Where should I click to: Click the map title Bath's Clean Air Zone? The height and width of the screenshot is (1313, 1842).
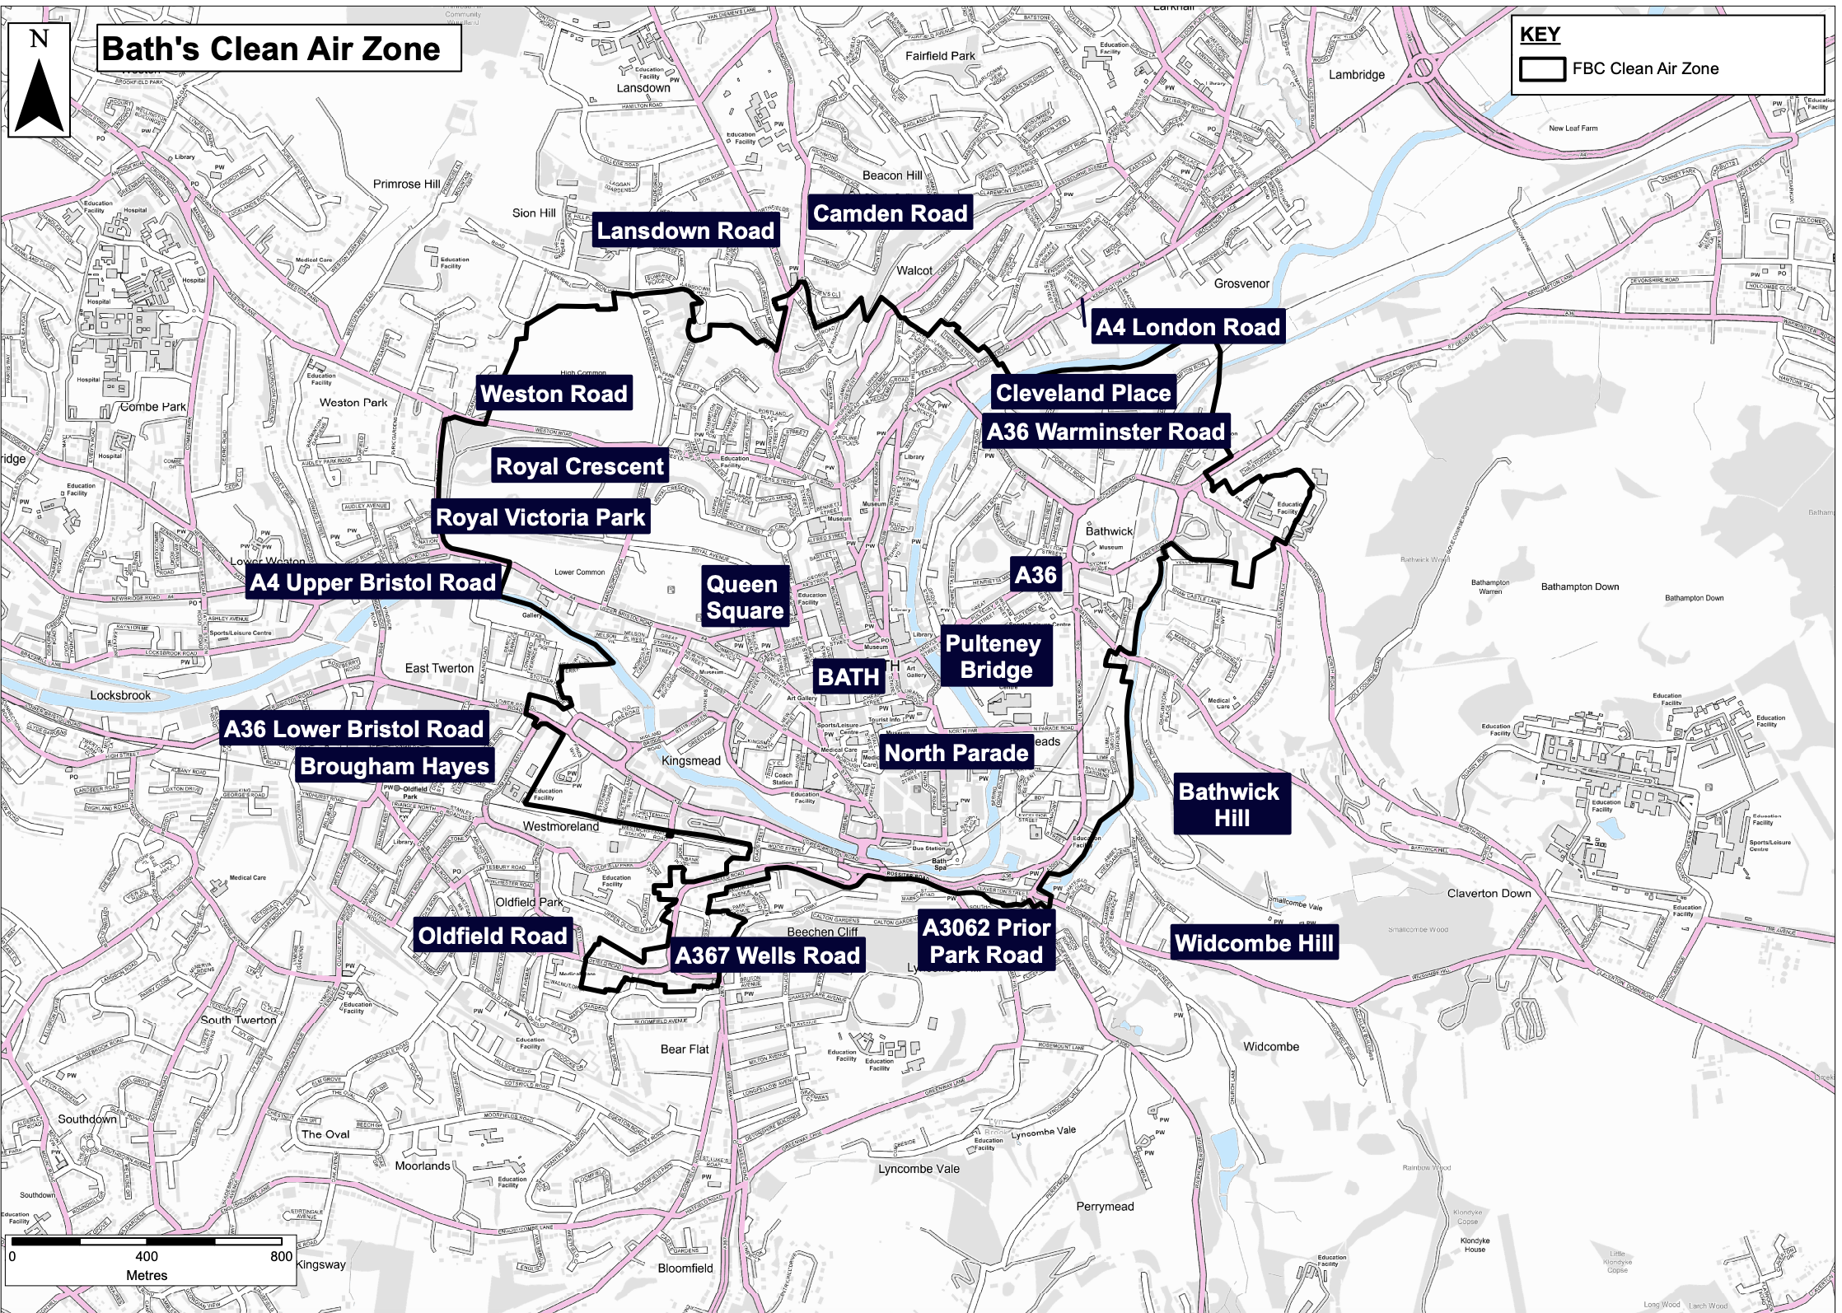(272, 49)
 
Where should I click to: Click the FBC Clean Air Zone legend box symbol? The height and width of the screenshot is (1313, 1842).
(1541, 69)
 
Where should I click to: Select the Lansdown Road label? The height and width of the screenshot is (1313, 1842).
(685, 231)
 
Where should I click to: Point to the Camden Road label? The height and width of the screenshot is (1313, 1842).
(890, 213)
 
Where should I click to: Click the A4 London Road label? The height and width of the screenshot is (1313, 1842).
(1187, 327)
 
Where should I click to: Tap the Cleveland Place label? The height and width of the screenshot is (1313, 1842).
(1082, 393)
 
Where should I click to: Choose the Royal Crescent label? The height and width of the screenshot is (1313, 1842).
(579, 466)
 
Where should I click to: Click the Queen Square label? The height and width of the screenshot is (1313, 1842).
(745, 597)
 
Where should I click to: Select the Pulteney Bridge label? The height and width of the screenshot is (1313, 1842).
(995, 656)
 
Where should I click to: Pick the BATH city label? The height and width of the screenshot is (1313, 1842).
(849, 677)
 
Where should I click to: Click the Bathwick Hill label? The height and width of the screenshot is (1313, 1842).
(1230, 805)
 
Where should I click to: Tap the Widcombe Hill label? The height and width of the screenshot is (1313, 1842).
(1254, 943)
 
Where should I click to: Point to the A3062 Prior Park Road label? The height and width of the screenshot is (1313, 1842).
(986, 942)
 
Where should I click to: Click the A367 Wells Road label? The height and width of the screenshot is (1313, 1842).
(767, 956)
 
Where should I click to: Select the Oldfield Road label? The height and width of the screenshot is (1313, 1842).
(493, 936)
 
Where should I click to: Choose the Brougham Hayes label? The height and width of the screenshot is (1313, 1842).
(395, 766)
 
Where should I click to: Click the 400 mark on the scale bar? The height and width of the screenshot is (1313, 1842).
(147, 1256)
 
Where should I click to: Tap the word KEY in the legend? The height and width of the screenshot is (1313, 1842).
(1540, 35)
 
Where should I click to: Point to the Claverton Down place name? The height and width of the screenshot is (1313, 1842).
(1489, 893)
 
